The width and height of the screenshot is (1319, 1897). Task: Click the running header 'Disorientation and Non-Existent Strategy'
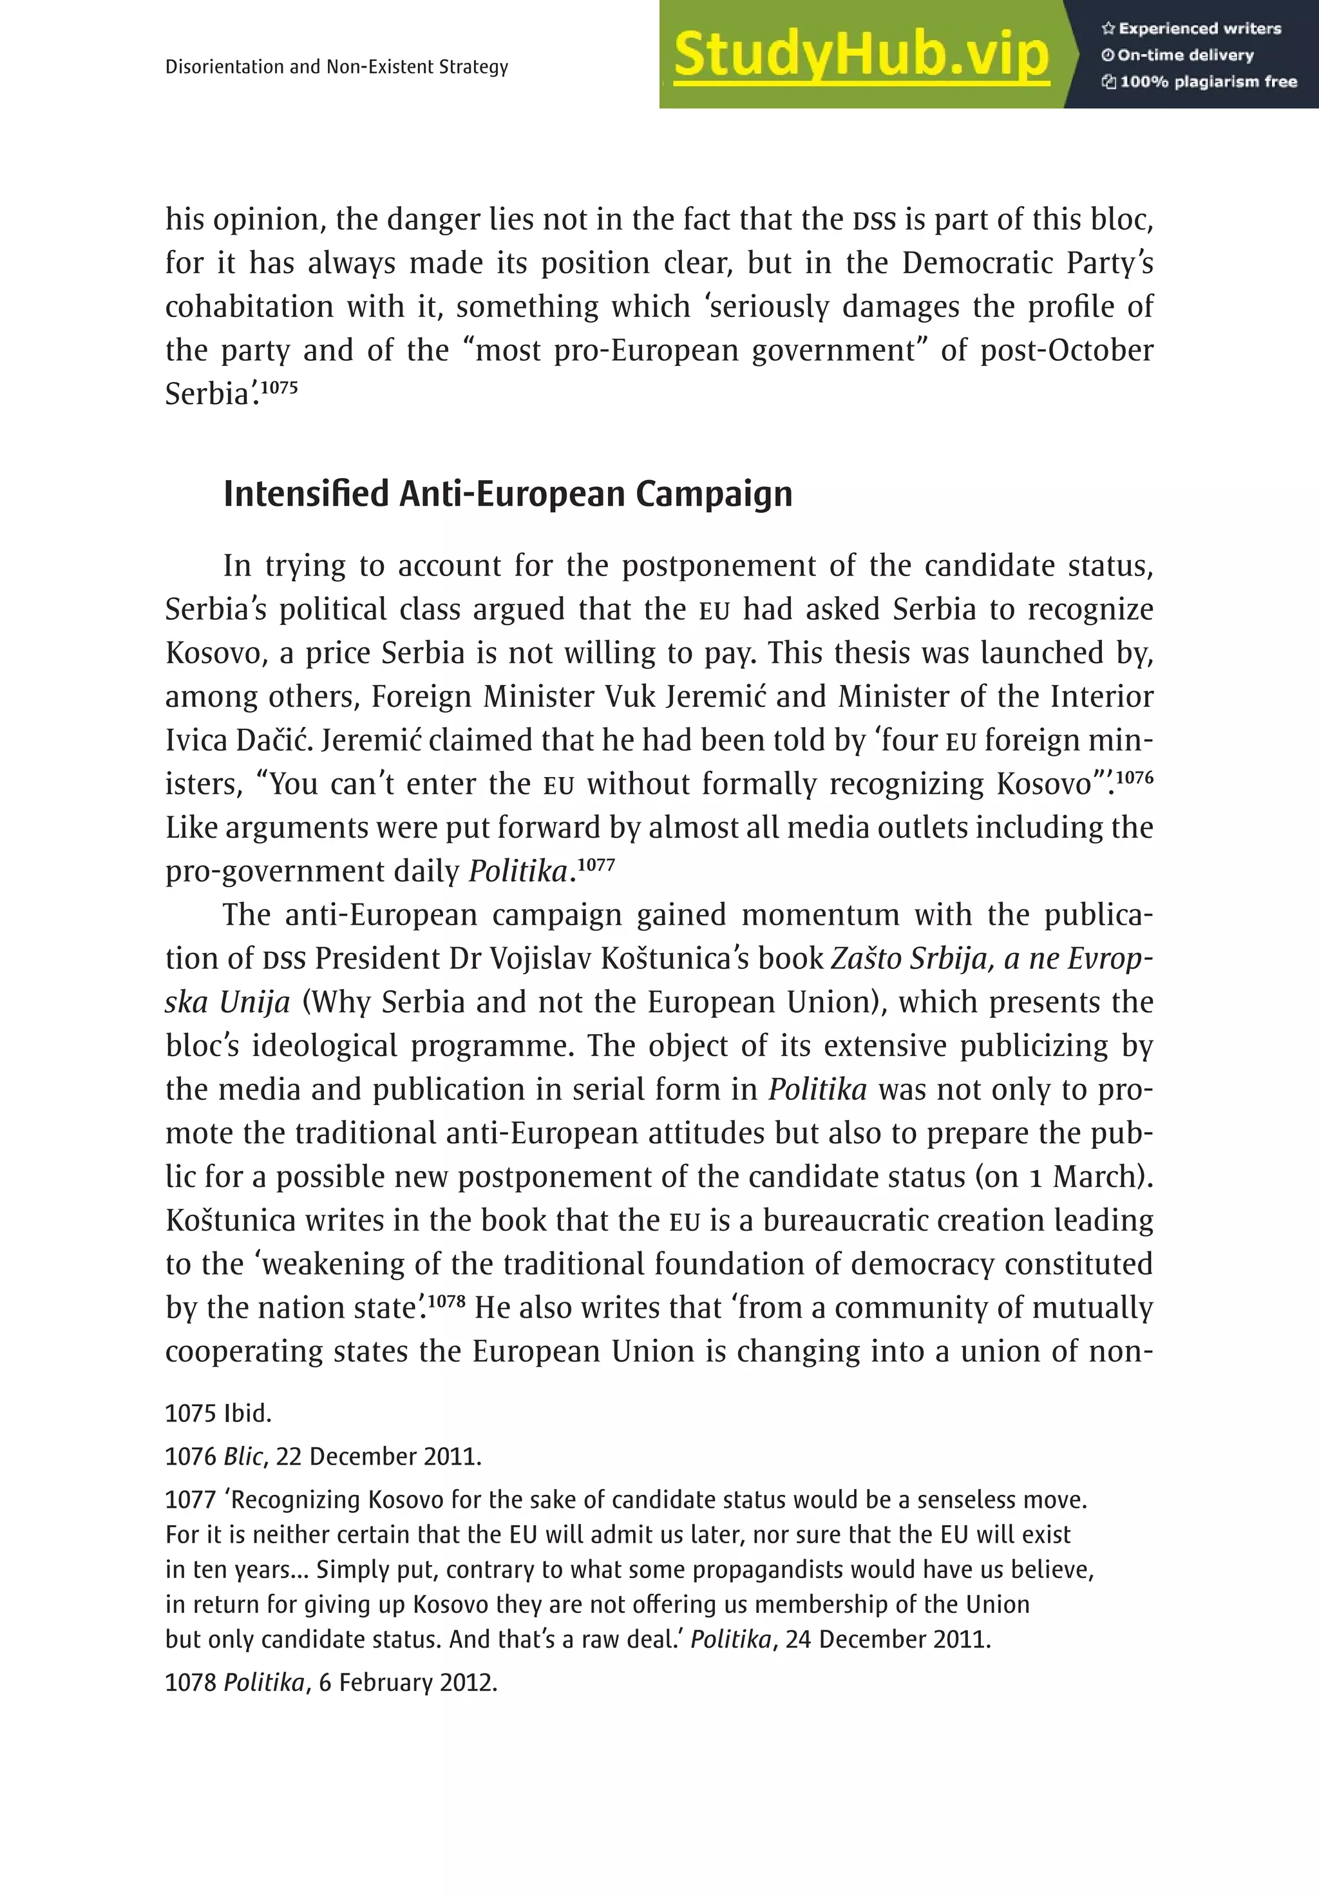336,67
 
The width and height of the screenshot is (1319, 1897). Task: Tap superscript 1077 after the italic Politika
596,864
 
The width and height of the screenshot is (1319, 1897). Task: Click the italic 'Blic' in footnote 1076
243,1457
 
